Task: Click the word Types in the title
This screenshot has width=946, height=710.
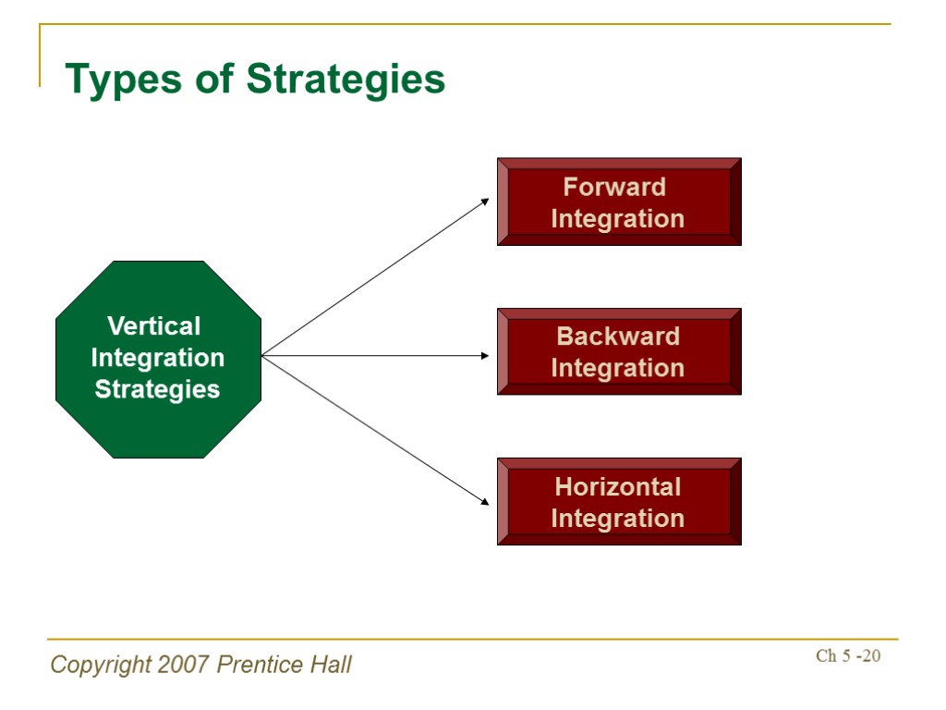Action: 124,80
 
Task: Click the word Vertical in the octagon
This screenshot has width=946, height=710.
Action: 154,326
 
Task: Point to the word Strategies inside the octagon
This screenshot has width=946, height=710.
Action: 158,389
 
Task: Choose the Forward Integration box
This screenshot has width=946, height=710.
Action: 618,202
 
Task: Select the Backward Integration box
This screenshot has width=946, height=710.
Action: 618,351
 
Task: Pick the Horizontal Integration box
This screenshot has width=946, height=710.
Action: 618,501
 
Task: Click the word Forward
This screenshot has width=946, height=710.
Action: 614,187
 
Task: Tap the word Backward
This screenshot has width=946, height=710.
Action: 618,337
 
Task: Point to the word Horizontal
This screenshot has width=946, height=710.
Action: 618,486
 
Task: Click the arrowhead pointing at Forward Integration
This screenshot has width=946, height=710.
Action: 485,201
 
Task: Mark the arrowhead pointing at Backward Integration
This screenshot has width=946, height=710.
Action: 485,355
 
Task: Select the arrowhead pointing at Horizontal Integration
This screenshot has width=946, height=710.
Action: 485,502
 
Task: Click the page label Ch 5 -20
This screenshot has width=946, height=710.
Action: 848,656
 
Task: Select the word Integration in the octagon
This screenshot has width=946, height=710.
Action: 158,358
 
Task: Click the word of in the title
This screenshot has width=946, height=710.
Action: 215,80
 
